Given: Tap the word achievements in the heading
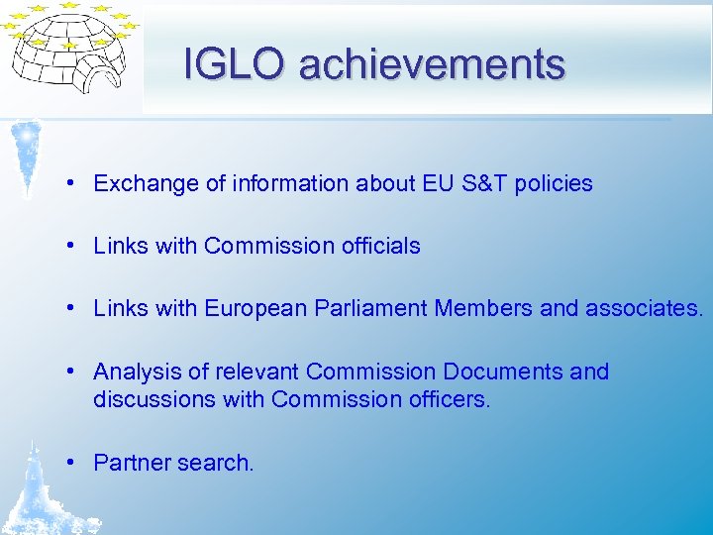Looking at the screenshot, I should tap(432, 64).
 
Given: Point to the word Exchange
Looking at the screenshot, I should tap(140, 184).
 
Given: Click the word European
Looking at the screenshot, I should tap(255, 309).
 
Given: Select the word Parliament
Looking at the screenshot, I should tap(371, 309).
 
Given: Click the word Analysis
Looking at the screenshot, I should tap(137, 372).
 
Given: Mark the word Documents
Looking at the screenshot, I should tap(502, 372).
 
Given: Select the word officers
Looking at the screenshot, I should tap(451, 399).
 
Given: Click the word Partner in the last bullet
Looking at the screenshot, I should tap(130, 463).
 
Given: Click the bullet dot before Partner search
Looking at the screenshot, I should tap(74, 463).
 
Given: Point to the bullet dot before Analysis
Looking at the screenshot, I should tap(74, 372).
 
